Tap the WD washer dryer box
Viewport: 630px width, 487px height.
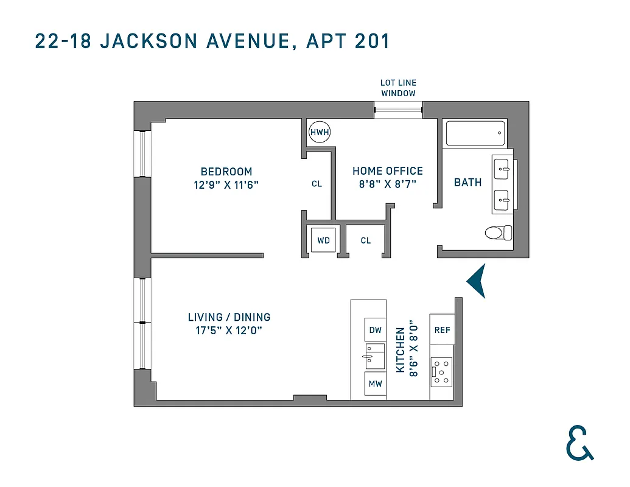(x=323, y=240)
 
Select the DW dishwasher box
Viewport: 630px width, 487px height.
(x=376, y=330)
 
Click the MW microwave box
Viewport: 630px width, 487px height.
(x=376, y=384)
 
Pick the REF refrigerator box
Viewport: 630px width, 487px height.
(x=442, y=330)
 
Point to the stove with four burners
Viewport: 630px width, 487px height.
(x=442, y=372)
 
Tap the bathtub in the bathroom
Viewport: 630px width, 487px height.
(x=475, y=133)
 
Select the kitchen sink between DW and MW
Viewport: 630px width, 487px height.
(x=374, y=356)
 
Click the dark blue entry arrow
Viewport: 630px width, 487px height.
(x=477, y=281)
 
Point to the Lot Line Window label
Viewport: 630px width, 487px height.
(x=398, y=88)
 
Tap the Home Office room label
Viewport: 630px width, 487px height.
(x=387, y=171)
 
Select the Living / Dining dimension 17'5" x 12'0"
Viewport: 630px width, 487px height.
(x=229, y=331)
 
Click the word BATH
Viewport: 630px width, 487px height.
(x=467, y=182)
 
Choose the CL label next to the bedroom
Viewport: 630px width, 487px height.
(x=317, y=184)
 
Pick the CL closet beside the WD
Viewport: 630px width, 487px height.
(x=365, y=240)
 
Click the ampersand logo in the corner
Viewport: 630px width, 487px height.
(x=579, y=443)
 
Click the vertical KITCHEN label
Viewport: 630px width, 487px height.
(x=401, y=350)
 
